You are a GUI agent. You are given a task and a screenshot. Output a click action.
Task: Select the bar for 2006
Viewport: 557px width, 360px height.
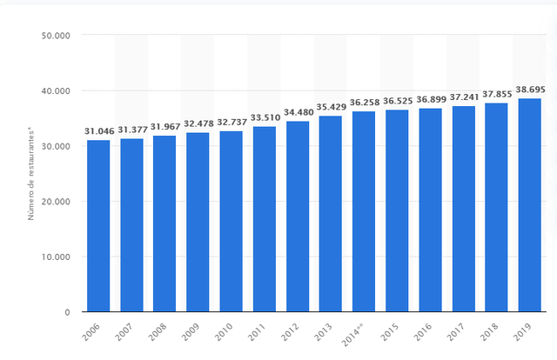pos(98,226)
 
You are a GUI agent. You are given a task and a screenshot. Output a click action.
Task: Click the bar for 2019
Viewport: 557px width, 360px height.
pos(529,205)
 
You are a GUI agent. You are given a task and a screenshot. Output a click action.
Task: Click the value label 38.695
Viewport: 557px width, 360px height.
pos(529,90)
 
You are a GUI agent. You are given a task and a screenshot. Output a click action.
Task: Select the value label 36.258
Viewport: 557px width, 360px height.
pos(364,103)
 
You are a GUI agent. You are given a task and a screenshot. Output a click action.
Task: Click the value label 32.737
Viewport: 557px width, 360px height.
pos(231,123)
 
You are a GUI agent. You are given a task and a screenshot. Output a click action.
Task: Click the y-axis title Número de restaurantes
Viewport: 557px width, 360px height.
pos(30,174)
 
